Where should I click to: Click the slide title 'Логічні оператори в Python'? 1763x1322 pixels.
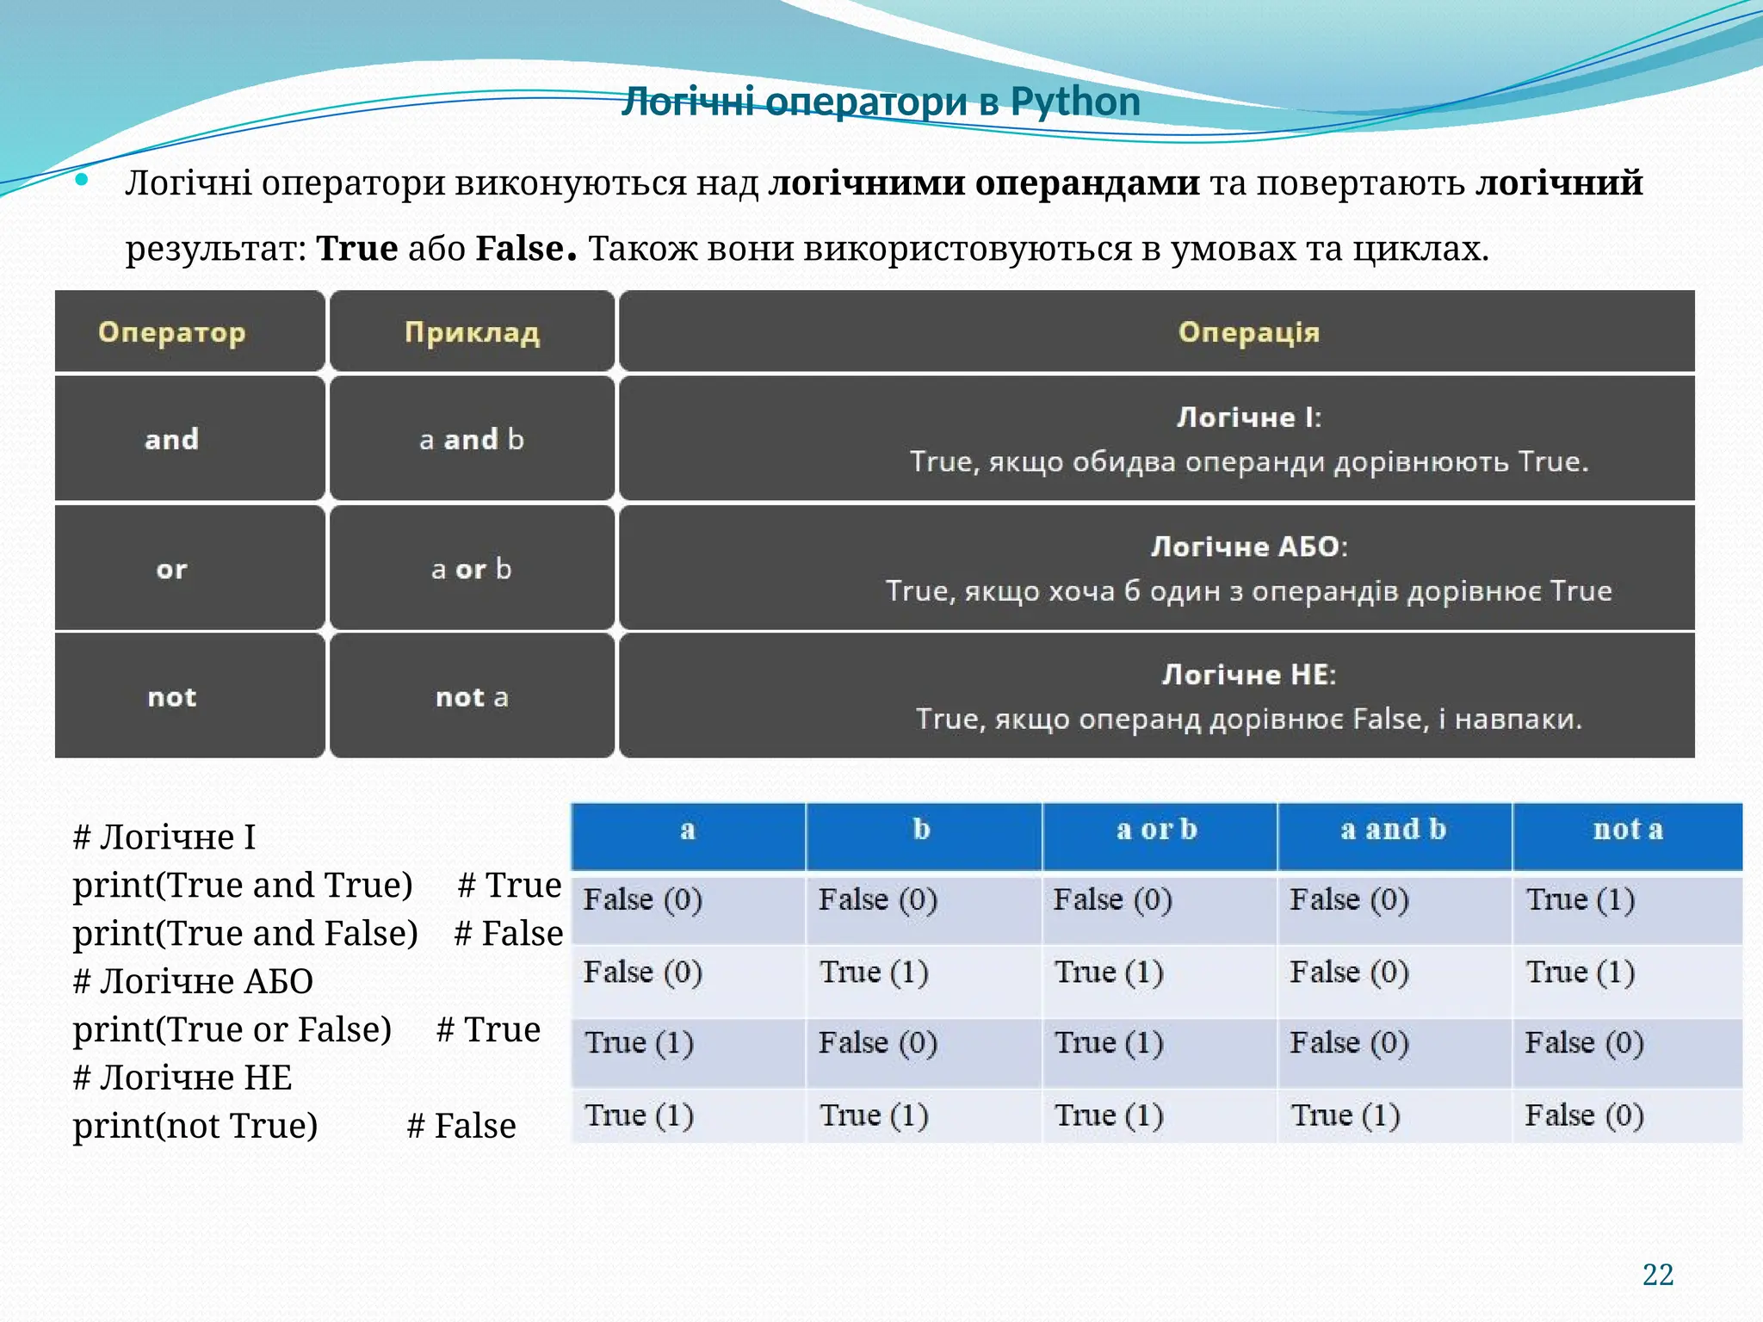tap(881, 102)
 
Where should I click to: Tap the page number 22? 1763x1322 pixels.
tap(1657, 1275)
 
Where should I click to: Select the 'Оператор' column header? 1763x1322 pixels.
tap(171, 332)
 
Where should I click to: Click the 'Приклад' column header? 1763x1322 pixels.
tap(472, 332)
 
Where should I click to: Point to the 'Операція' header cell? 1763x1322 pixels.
tap(1248, 332)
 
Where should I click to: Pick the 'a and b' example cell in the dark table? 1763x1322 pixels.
tap(472, 440)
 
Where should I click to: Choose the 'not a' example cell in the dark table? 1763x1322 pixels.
tap(472, 697)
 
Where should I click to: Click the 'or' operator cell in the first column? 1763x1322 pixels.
tap(171, 569)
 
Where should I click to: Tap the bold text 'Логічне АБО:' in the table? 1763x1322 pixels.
tap(1248, 547)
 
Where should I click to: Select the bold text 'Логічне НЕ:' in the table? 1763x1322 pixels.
tap(1248, 675)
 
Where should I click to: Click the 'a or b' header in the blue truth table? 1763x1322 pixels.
tap(1157, 830)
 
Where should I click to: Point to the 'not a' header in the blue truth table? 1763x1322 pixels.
tap(1627, 830)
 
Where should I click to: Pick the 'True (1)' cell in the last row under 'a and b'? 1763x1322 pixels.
tap(1345, 1115)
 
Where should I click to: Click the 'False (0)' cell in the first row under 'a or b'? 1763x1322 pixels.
tap(1112, 900)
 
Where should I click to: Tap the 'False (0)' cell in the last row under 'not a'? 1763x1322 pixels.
tap(1584, 1115)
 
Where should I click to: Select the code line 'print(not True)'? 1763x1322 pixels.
tap(195, 1126)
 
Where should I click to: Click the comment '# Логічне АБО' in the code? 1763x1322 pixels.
tap(193, 981)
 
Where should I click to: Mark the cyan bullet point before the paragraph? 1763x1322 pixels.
tap(82, 180)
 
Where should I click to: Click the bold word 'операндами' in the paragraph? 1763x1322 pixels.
tap(1087, 183)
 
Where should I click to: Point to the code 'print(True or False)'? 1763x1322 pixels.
tap(232, 1029)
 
